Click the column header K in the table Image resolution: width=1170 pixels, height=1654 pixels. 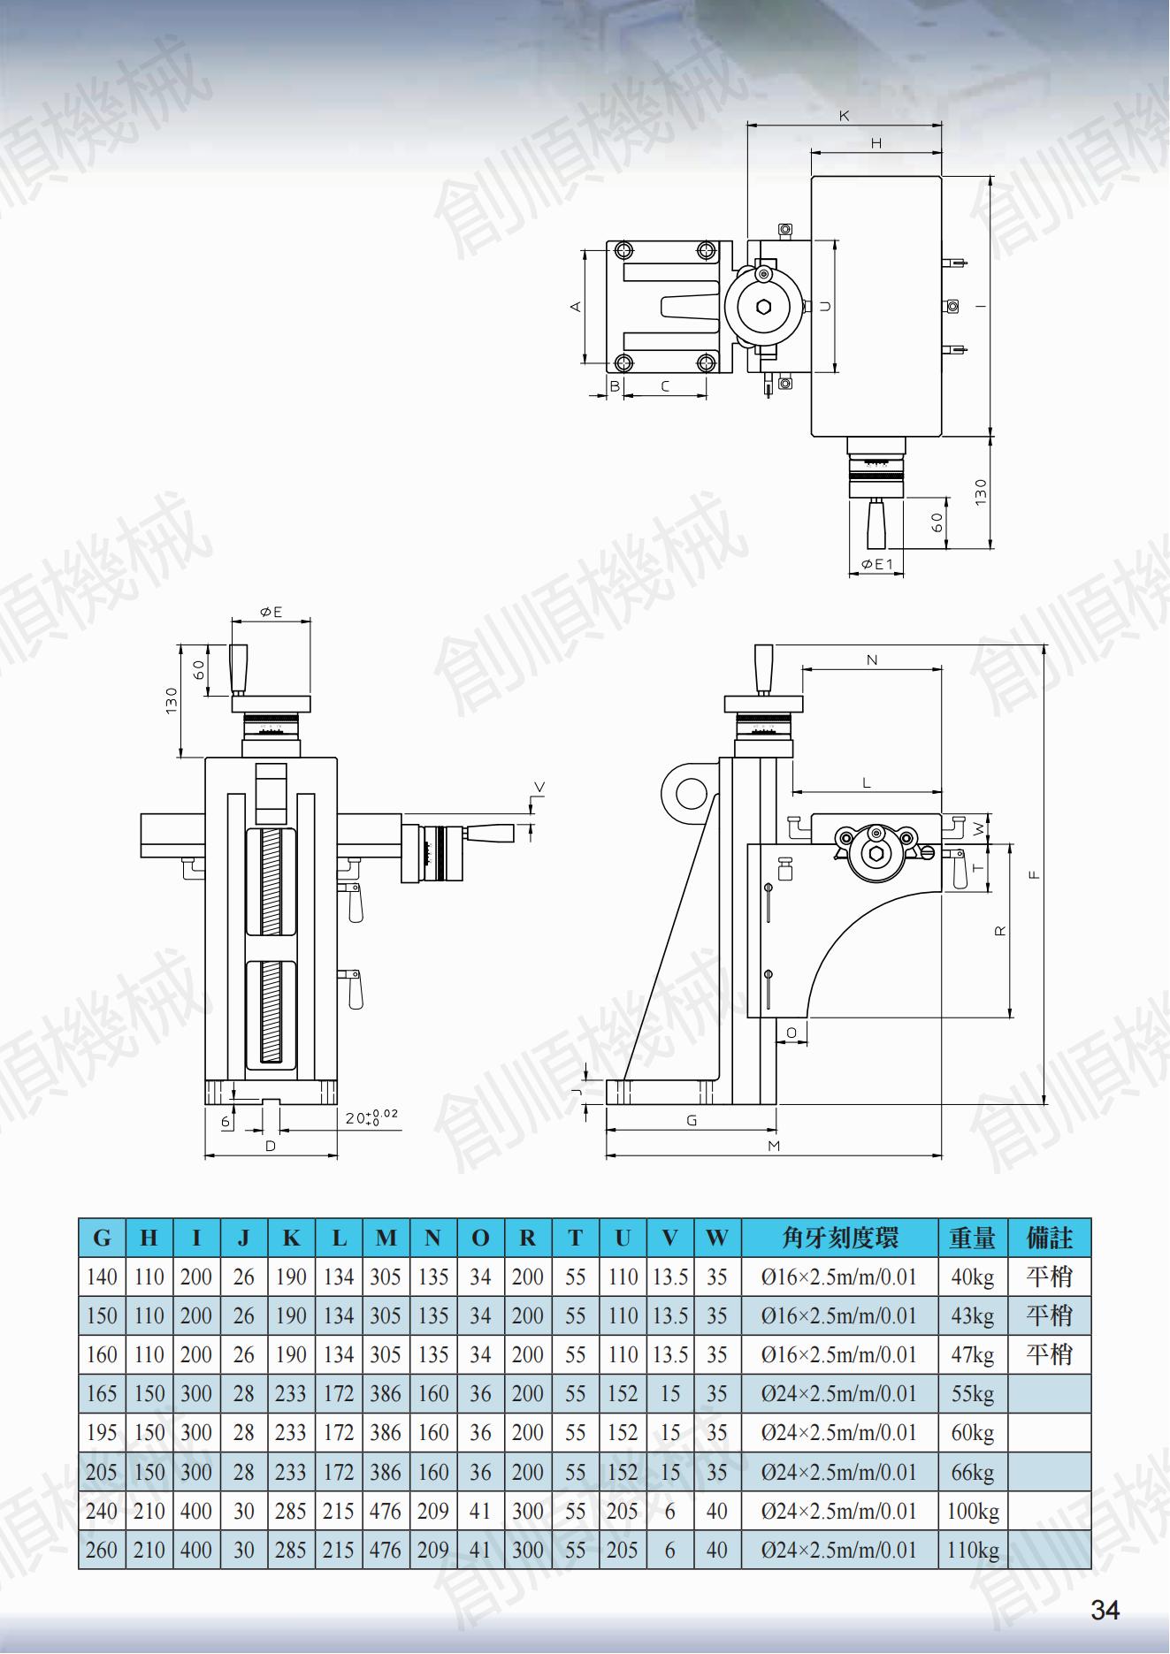(291, 1238)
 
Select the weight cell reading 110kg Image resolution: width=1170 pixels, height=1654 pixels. (973, 1550)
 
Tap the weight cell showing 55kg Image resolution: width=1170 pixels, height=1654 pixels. (973, 1394)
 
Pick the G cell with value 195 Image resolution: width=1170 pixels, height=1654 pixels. (102, 1433)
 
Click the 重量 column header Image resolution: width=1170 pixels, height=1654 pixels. (973, 1238)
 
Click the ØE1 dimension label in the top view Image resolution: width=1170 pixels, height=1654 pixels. (876, 564)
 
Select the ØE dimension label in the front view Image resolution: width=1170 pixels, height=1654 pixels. (271, 612)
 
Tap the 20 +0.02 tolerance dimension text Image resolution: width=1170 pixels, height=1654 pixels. (371, 1117)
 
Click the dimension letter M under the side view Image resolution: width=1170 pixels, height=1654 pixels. (774, 1146)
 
